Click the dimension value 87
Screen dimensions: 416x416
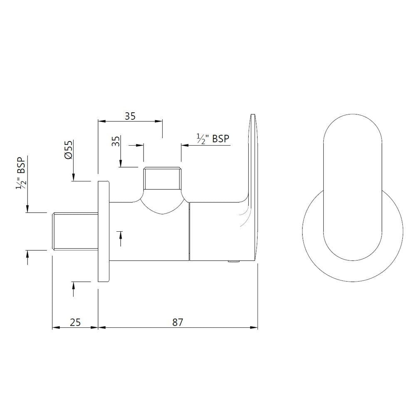178,322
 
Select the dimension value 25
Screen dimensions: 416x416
75,322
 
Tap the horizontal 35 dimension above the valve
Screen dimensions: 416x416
130,116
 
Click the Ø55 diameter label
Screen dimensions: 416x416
69,149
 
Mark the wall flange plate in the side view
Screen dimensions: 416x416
103,231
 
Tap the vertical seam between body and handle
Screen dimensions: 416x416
189,231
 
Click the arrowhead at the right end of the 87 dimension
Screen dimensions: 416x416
255,327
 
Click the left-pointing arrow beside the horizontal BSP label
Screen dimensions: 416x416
183,145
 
